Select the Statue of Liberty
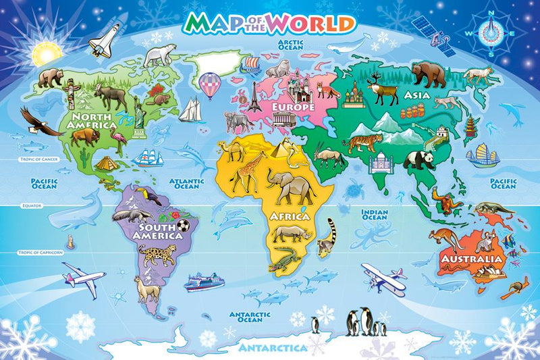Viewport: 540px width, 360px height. click(140, 112)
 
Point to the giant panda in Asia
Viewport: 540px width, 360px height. click(418, 159)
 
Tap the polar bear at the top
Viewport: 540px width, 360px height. click(159, 55)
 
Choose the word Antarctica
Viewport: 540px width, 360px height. click(270, 348)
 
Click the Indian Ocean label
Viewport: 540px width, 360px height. click(375, 214)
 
